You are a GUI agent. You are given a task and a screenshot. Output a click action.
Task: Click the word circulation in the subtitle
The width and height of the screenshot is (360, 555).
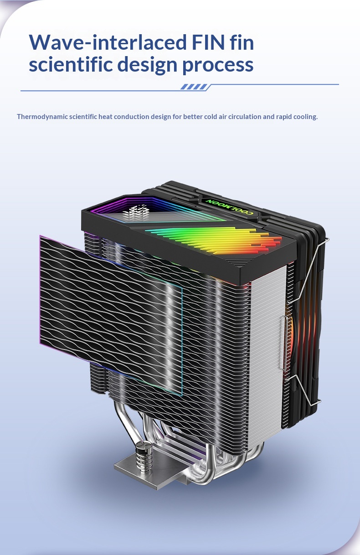pyautogui.click(x=248, y=117)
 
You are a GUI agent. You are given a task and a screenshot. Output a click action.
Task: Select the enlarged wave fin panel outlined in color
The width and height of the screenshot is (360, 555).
pyautogui.click(x=109, y=315)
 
